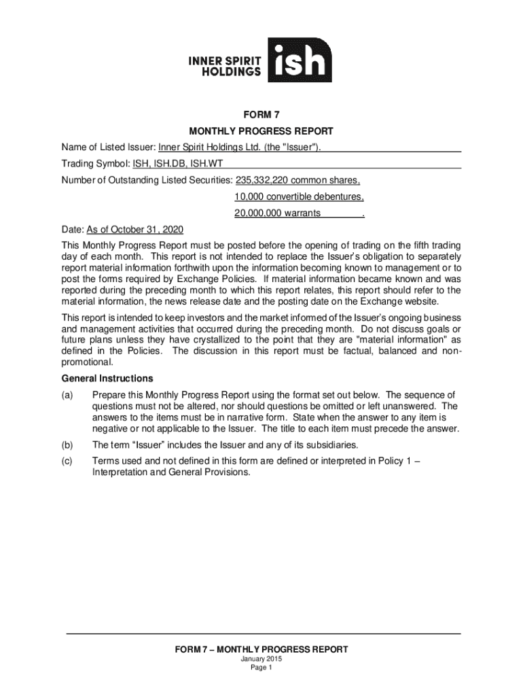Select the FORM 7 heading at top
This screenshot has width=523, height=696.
tap(261, 116)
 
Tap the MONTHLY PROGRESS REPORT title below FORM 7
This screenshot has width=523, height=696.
tap(261, 131)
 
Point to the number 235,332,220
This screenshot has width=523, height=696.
tap(263, 181)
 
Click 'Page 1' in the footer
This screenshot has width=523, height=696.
tap(261, 667)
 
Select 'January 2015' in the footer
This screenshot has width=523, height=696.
tap(261, 659)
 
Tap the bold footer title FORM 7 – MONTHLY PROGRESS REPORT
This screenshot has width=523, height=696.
tap(261, 650)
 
